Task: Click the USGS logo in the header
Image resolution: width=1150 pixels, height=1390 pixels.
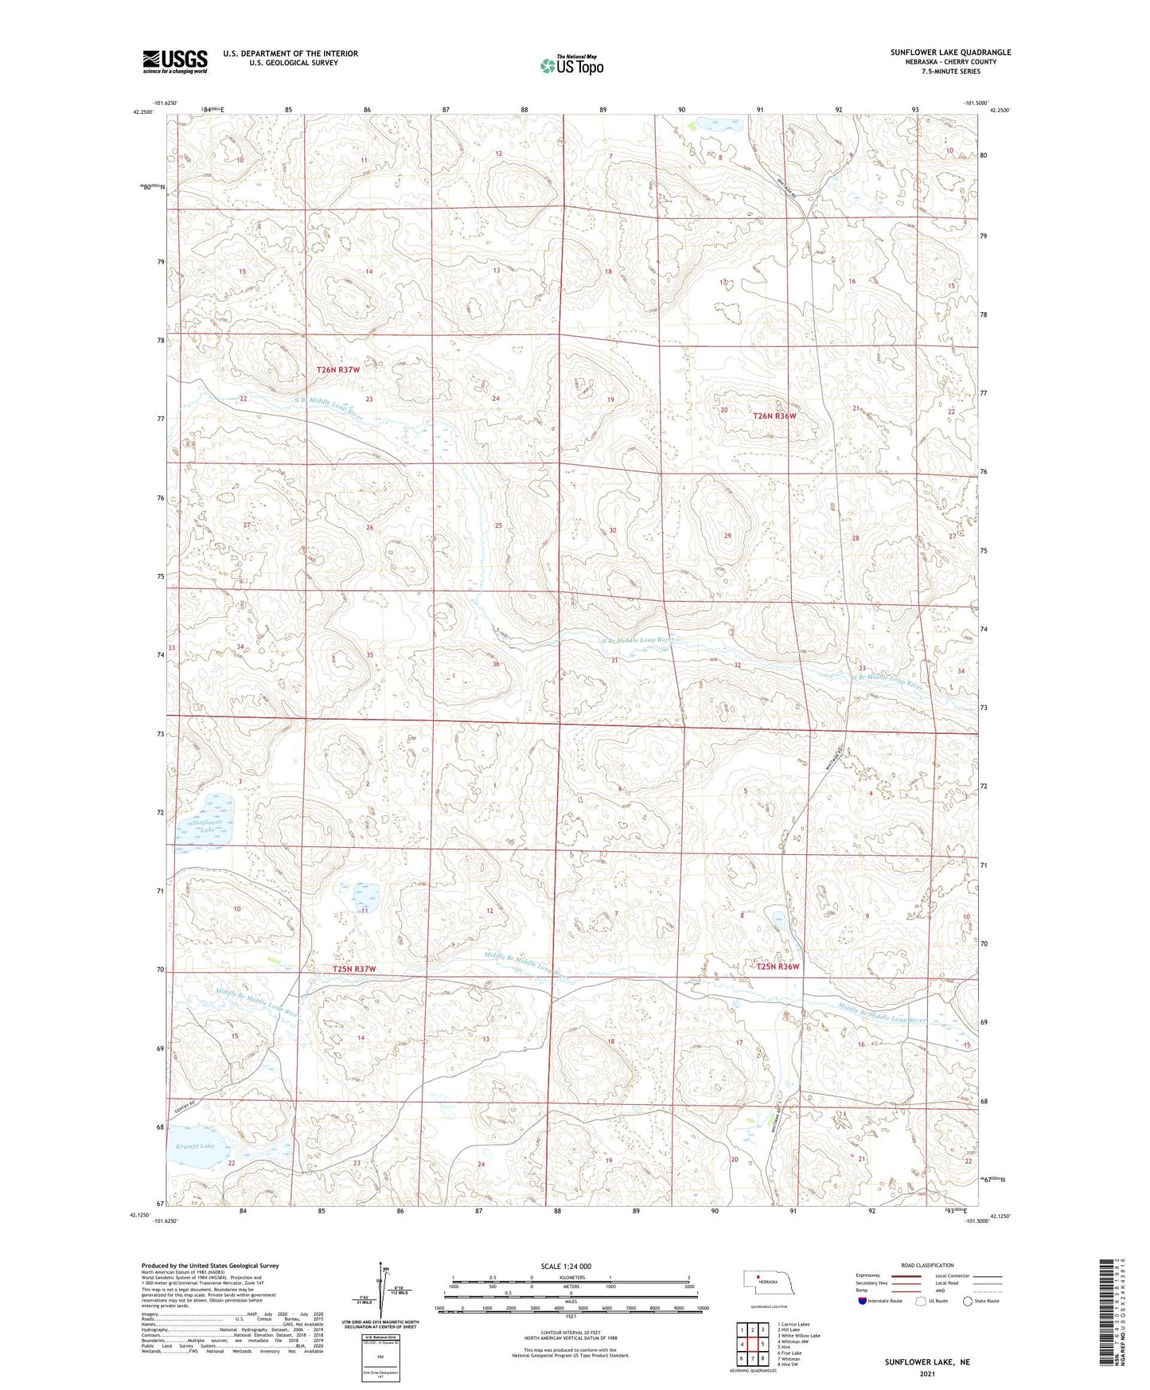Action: point(175,61)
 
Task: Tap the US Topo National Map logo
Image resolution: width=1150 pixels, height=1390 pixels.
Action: point(571,65)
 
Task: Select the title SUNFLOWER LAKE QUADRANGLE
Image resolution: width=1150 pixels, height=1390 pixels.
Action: point(950,53)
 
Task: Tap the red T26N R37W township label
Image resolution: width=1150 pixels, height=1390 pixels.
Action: point(338,370)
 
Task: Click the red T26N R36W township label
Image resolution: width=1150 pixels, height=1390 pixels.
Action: point(774,416)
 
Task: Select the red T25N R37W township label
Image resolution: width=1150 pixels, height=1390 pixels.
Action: point(353,969)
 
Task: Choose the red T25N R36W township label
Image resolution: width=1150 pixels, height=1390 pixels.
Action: point(778,966)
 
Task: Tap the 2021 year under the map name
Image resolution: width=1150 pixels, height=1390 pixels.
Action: point(926,1374)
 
